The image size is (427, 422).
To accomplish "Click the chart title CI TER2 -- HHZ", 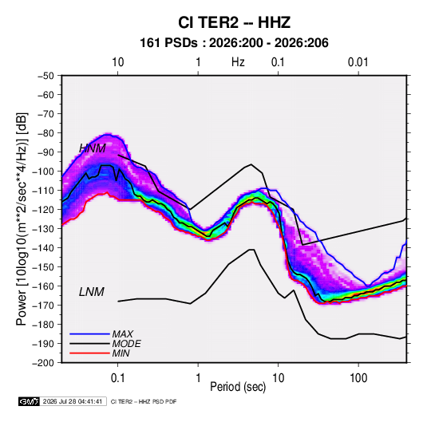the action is (x=234, y=22).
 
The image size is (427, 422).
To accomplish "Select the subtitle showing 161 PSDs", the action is (x=234, y=43).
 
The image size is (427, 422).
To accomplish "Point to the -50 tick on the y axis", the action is (x=45, y=76).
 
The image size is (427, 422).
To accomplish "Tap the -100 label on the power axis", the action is (x=43, y=172).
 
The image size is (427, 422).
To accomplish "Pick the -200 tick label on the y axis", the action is (x=43, y=363).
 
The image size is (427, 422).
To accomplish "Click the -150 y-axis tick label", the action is (x=43, y=266).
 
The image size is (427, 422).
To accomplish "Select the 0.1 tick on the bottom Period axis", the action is (x=117, y=377).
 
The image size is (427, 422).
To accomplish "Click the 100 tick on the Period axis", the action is (x=358, y=377).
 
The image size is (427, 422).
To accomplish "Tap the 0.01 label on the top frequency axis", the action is (x=358, y=62).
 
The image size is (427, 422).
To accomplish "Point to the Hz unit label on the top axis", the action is (x=238, y=62).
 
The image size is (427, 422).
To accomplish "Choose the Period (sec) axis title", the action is (x=238, y=387).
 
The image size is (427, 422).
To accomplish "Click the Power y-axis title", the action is (x=22, y=219).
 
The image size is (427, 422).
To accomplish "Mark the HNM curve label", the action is (x=93, y=148).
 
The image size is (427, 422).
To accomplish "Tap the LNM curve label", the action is (x=92, y=292).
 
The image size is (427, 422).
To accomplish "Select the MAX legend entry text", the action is (x=123, y=333).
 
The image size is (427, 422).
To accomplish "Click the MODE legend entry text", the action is (x=126, y=344).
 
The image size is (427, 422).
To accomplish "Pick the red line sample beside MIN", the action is (x=89, y=353).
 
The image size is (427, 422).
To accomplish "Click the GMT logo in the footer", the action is (x=29, y=401).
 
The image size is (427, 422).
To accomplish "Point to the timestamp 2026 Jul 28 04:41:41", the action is (x=73, y=401).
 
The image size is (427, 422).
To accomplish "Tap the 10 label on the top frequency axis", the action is (x=117, y=62).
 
